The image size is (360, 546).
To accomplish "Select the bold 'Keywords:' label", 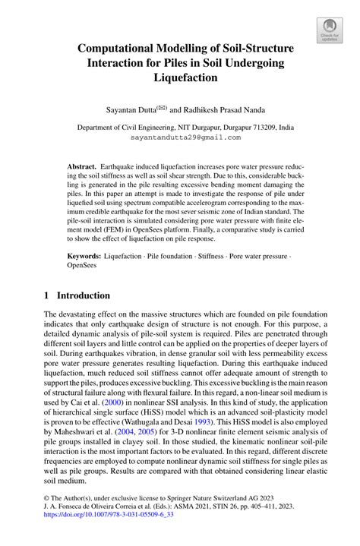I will pyautogui.click(x=84, y=258).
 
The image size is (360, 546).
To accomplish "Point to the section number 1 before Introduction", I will pyautogui.click(x=47, y=295).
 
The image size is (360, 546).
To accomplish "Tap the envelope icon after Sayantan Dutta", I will pyautogui.click(x=161, y=107).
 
